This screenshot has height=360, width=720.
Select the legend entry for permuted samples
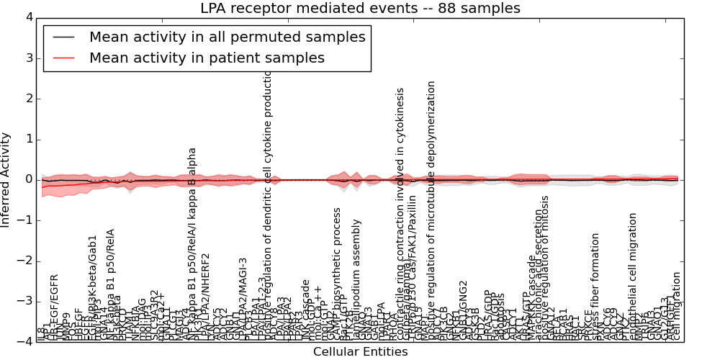coord(227,37)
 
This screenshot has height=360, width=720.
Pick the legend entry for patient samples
coord(207,58)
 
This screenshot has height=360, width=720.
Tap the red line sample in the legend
coord(64,58)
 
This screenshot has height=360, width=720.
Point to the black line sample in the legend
coord(64,37)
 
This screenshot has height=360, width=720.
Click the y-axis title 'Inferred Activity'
coord(6,180)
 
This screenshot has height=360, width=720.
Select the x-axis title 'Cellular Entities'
coord(360,352)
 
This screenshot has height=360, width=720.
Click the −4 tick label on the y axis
coord(26,342)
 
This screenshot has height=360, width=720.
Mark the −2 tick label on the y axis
coord(26,261)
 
